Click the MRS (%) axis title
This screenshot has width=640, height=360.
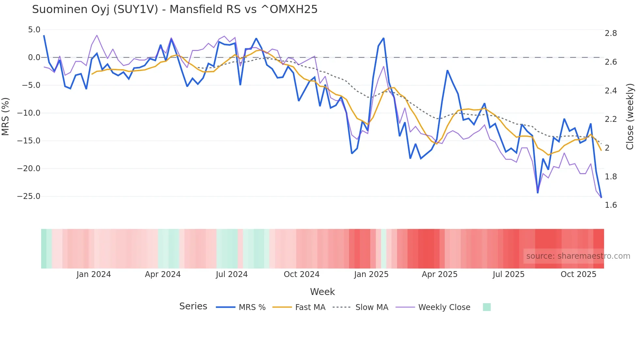coord(6,116)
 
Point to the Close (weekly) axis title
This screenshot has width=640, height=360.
coord(630,116)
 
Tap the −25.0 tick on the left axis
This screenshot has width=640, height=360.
coord(29,196)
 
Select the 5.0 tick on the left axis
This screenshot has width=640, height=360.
coord(34,30)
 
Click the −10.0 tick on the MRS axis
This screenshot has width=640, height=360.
coord(29,113)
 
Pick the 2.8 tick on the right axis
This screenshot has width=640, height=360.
coord(611,33)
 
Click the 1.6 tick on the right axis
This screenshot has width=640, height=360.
coord(611,205)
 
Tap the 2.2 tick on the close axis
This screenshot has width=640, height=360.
coord(611,119)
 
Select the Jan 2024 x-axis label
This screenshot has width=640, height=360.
coord(94,274)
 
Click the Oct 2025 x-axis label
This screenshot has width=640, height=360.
coord(578,274)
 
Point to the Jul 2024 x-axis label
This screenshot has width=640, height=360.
coord(232,274)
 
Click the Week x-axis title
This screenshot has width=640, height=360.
coord(322,292)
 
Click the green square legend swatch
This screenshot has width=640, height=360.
coord(487,307)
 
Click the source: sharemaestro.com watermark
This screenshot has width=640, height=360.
coord(578,256)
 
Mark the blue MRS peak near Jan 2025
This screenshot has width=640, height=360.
coord(383,38)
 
